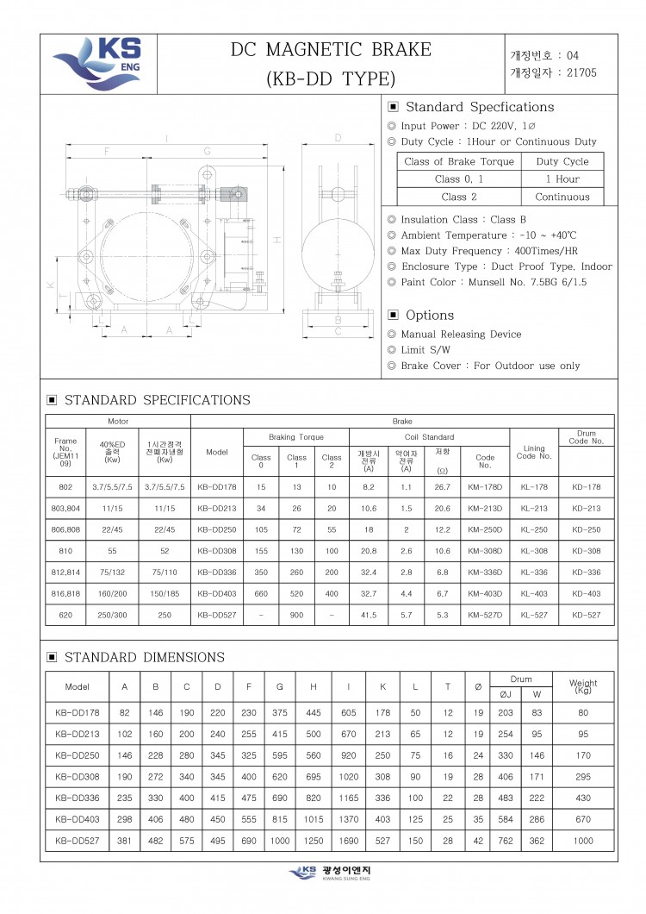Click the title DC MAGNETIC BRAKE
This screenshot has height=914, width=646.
pos(331,50)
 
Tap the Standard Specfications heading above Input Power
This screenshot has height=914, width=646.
pos(479,107)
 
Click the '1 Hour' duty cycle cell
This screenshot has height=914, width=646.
pos(562,179)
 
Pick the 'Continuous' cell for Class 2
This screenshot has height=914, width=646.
pos(562,197)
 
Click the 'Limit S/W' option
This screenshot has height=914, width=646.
pos(425,350)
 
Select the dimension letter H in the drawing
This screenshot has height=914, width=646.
pos(277,239)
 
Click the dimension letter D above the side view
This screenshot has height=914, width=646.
pos(339,138)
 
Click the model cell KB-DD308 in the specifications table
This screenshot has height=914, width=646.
pos(217,550)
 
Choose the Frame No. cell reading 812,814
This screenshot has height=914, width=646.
pos(65,572)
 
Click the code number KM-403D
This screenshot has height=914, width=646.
pos(485,593)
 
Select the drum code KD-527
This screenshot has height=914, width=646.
pos(587,616)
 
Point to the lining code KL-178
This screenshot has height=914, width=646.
pos(534,487)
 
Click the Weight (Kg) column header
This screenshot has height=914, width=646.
pos(583,687)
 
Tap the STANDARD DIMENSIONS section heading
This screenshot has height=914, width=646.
pos(144,657)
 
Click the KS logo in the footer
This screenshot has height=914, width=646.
pos(304,873)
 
